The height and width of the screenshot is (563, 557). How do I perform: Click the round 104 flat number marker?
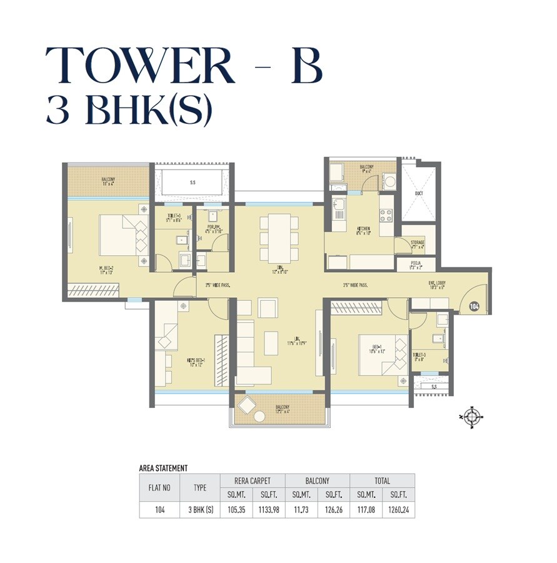pyautogui.click(x=473, y=307)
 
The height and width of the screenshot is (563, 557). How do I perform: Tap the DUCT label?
pyautogui.click(x=419, y=193)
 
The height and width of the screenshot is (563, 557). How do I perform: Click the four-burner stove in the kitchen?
pyautogui.click(x=386, y=216)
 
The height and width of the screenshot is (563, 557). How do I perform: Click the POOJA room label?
pyautogui.click(x=416, y=265)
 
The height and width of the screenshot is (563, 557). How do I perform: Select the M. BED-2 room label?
pyautogui.click(x=106, y=270)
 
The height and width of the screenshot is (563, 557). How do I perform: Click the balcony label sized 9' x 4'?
pyautogui.click(x=366, y=168)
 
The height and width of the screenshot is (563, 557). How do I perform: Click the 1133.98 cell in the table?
pyautogui.click(x=268, y=510)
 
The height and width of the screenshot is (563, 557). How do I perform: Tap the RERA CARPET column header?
pyautogui.click(x=253, y=481)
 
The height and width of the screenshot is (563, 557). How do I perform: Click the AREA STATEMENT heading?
pyautogui.click(x=163, y=468)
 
